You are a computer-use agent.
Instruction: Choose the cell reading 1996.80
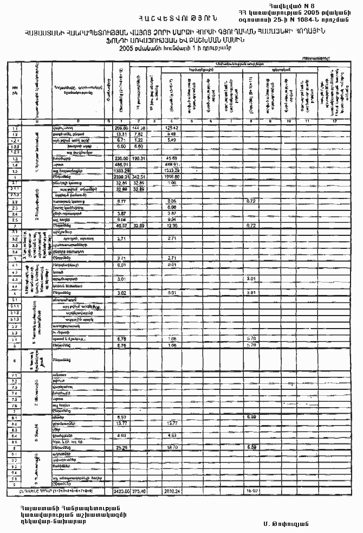coord(171,177)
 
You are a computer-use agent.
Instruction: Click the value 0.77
coord(122,201)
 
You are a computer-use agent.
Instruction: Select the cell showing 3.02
coord(122,293)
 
